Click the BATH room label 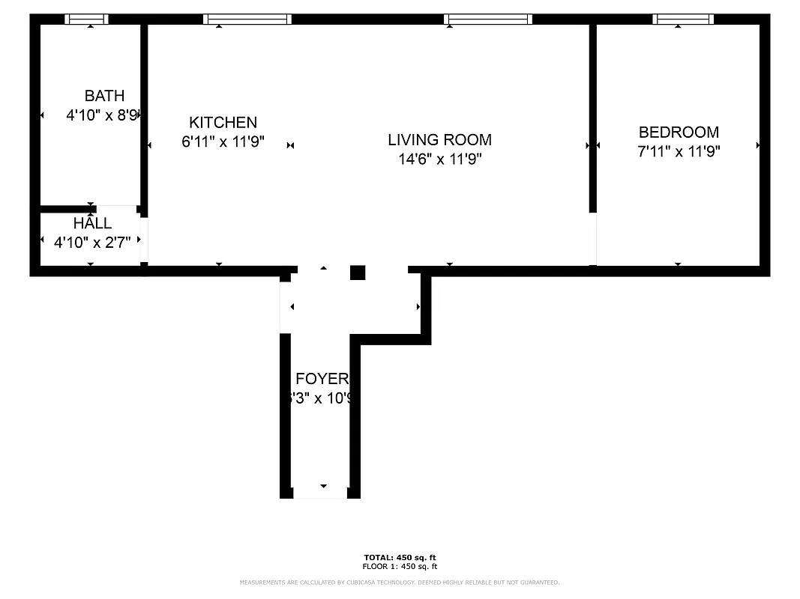(x=104, y=96)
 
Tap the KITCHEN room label (x=223, y=123)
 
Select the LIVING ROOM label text (x=439, y=140)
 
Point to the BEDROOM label (x=679, y=133)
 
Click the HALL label (x=92, y=223)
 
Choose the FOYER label (x=322, y=379)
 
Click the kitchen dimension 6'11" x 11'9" (x=223, y=142)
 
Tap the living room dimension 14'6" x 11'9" (x=439, y=159)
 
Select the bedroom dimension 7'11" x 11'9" (x=679, y=151)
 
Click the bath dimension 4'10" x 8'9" (x=103, y=115)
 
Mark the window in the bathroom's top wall (x=86, y=19)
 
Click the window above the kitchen (x=247, y=19)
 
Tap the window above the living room (x=488, y=19)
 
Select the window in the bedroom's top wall (x=682, y=19)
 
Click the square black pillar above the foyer (x=358, y=273)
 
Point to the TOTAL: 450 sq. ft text (x=400, y=558)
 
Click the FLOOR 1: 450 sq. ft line (x=400, y=567)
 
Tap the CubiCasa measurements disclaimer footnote (x=400, y=583)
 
